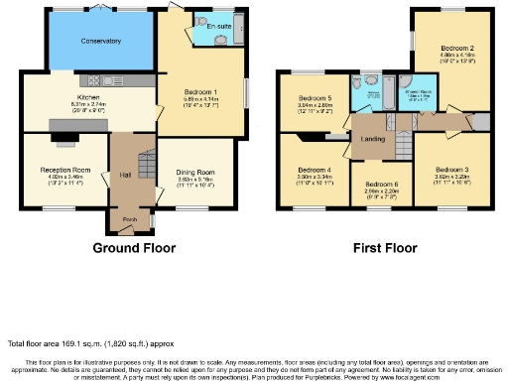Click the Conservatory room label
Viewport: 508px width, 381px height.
point(87,42)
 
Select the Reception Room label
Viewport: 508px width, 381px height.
point(59,170)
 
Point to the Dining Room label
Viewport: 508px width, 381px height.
point(195,171)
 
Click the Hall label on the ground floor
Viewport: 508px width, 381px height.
point(126,175)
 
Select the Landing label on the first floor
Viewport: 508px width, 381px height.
point(374,138)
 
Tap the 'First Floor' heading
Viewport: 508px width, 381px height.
point(382,247)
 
